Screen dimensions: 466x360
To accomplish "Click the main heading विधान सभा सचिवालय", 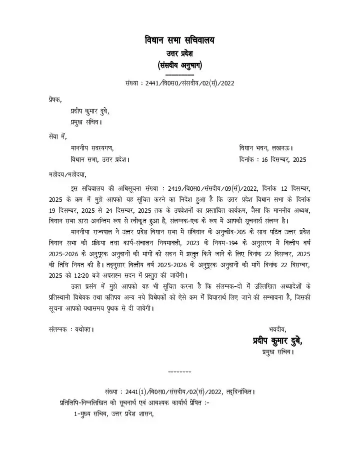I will click(x=179, y=39).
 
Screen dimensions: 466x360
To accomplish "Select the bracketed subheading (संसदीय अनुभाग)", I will click(x=179, y=65).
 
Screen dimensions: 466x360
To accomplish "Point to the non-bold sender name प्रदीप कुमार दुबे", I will click(x=89, y=111).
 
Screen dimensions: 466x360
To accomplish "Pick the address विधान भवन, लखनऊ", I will click(x=266, y=148).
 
